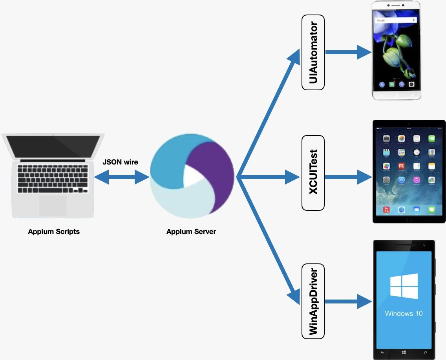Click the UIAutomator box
click(x=313, y=52)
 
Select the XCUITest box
click(x=313, y=173)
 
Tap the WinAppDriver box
click(x=313, y=301)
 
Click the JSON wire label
click(x=120, y=162)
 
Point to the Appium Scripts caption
click(x=54, y=232)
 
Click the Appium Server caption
click(x=191, y=232)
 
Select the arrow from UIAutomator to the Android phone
click(x=348, y=52)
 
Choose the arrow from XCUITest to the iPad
click(x=348, y=177)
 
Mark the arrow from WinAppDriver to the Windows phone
click(x=348, y=302)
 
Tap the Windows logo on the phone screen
click(x=404, y=286)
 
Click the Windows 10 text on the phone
click(x=404, y=313)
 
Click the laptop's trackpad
click(x=53, y=205)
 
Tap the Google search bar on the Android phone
click(x=395, y=20)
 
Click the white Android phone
click(x=396, y=50)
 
